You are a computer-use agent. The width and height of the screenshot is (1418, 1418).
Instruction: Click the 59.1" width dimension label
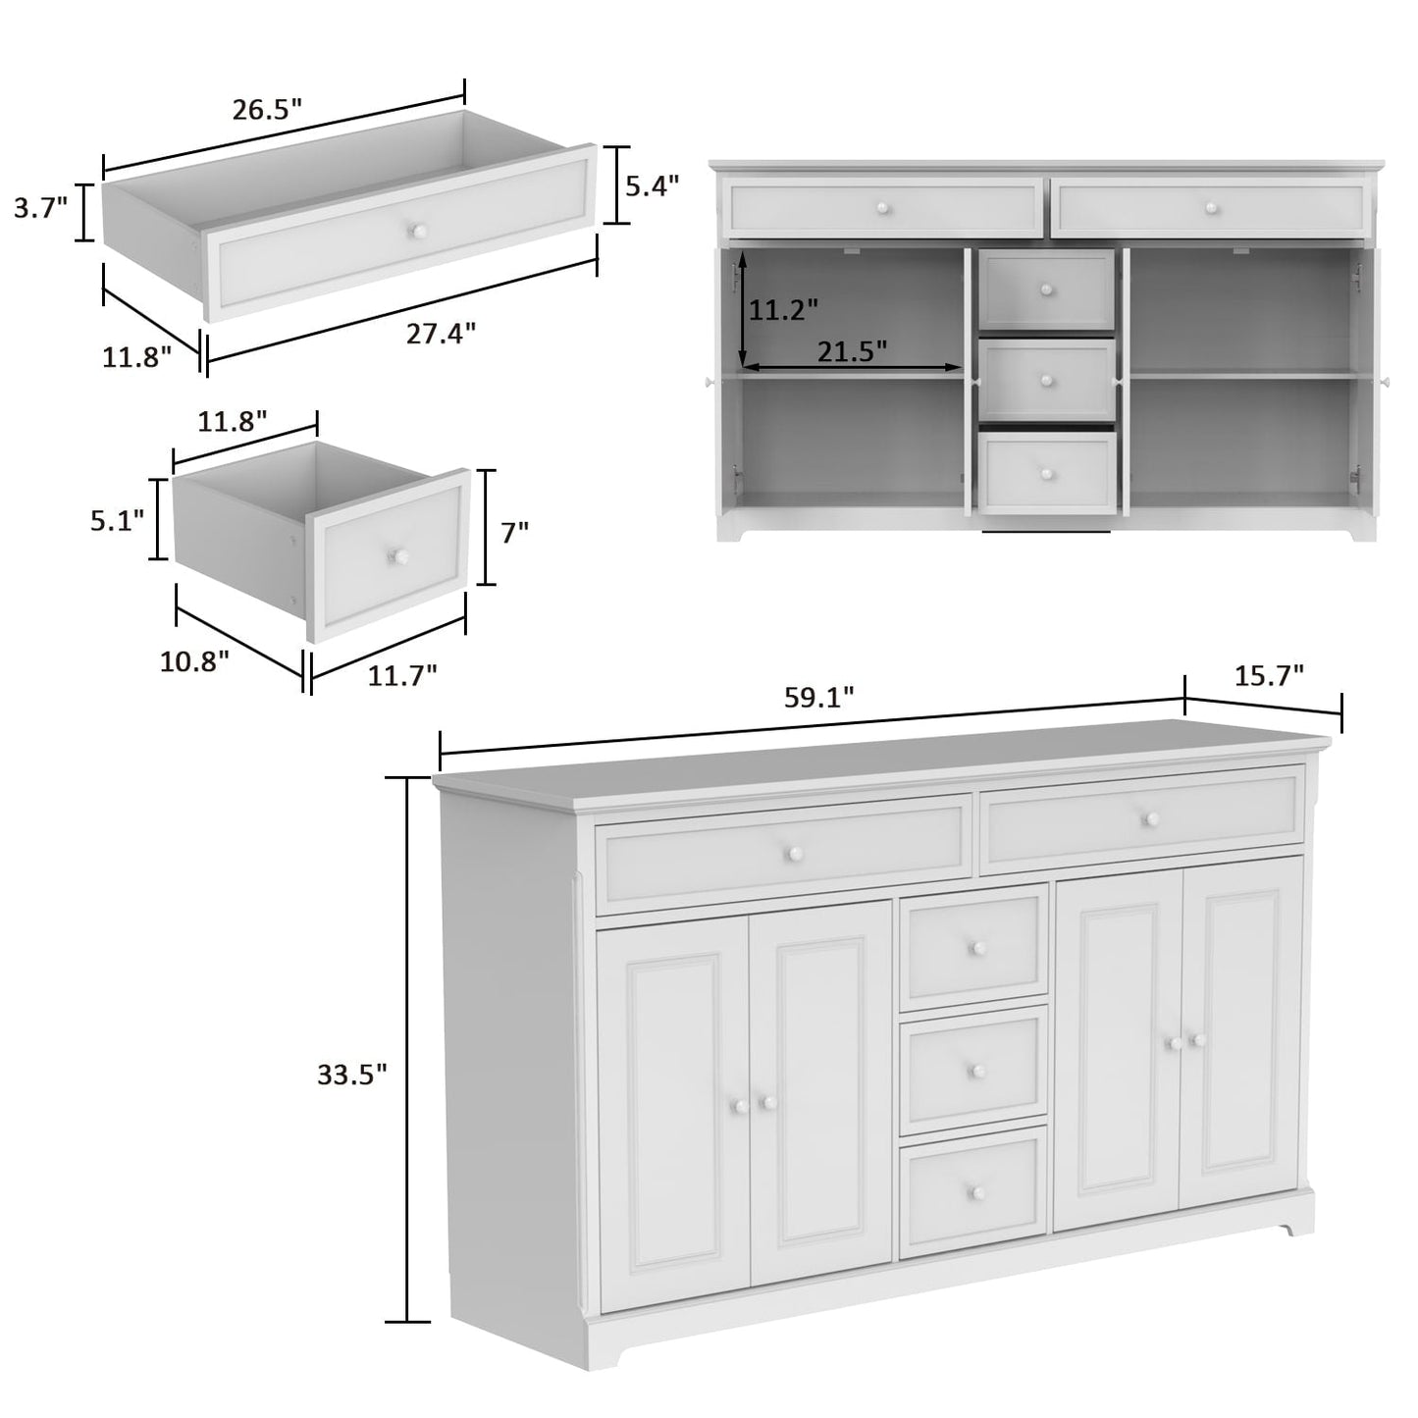(x=818, y=698)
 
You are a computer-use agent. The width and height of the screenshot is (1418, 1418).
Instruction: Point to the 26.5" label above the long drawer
(x=266, y=109)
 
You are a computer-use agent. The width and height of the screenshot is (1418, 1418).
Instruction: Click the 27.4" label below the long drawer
(x=442, y=334)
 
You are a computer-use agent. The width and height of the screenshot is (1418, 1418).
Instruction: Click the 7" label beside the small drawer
(x=514, y=533)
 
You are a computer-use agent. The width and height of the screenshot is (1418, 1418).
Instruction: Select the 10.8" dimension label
(x=194, y=660)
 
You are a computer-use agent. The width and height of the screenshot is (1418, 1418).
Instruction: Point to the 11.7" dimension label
(x=402, y=674)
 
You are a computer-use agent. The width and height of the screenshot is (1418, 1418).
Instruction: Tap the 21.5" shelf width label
(x=852, y=349)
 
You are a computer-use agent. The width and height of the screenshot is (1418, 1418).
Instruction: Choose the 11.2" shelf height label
(x=784, y=310)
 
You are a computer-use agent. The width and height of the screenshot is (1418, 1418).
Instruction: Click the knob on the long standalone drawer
(x=418, y=231)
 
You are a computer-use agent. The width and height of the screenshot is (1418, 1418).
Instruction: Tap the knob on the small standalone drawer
(x=398, y=556)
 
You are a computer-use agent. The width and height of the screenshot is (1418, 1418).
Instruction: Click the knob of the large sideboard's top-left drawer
(x=792, y=852)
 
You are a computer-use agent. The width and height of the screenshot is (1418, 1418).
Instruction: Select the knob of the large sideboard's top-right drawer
(x=1150, y=818)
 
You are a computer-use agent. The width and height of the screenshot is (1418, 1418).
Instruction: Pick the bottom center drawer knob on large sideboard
(x=976, y=1191)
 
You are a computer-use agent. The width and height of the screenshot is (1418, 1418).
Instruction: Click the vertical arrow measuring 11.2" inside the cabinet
(x=744, y=307)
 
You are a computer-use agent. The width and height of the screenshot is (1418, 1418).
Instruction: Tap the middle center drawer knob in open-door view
(x=1047, y=381)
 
